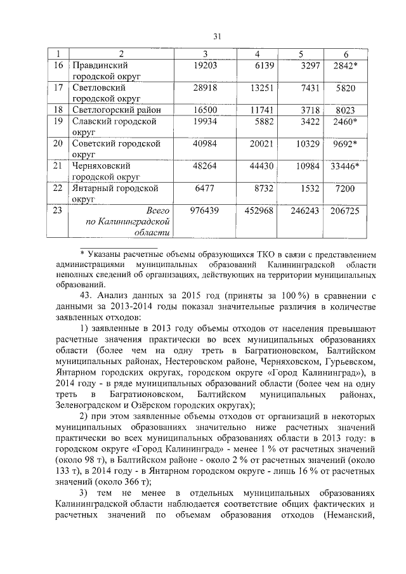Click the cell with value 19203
(205, 65)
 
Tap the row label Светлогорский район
(116, 110)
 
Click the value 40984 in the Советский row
(205, 143)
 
